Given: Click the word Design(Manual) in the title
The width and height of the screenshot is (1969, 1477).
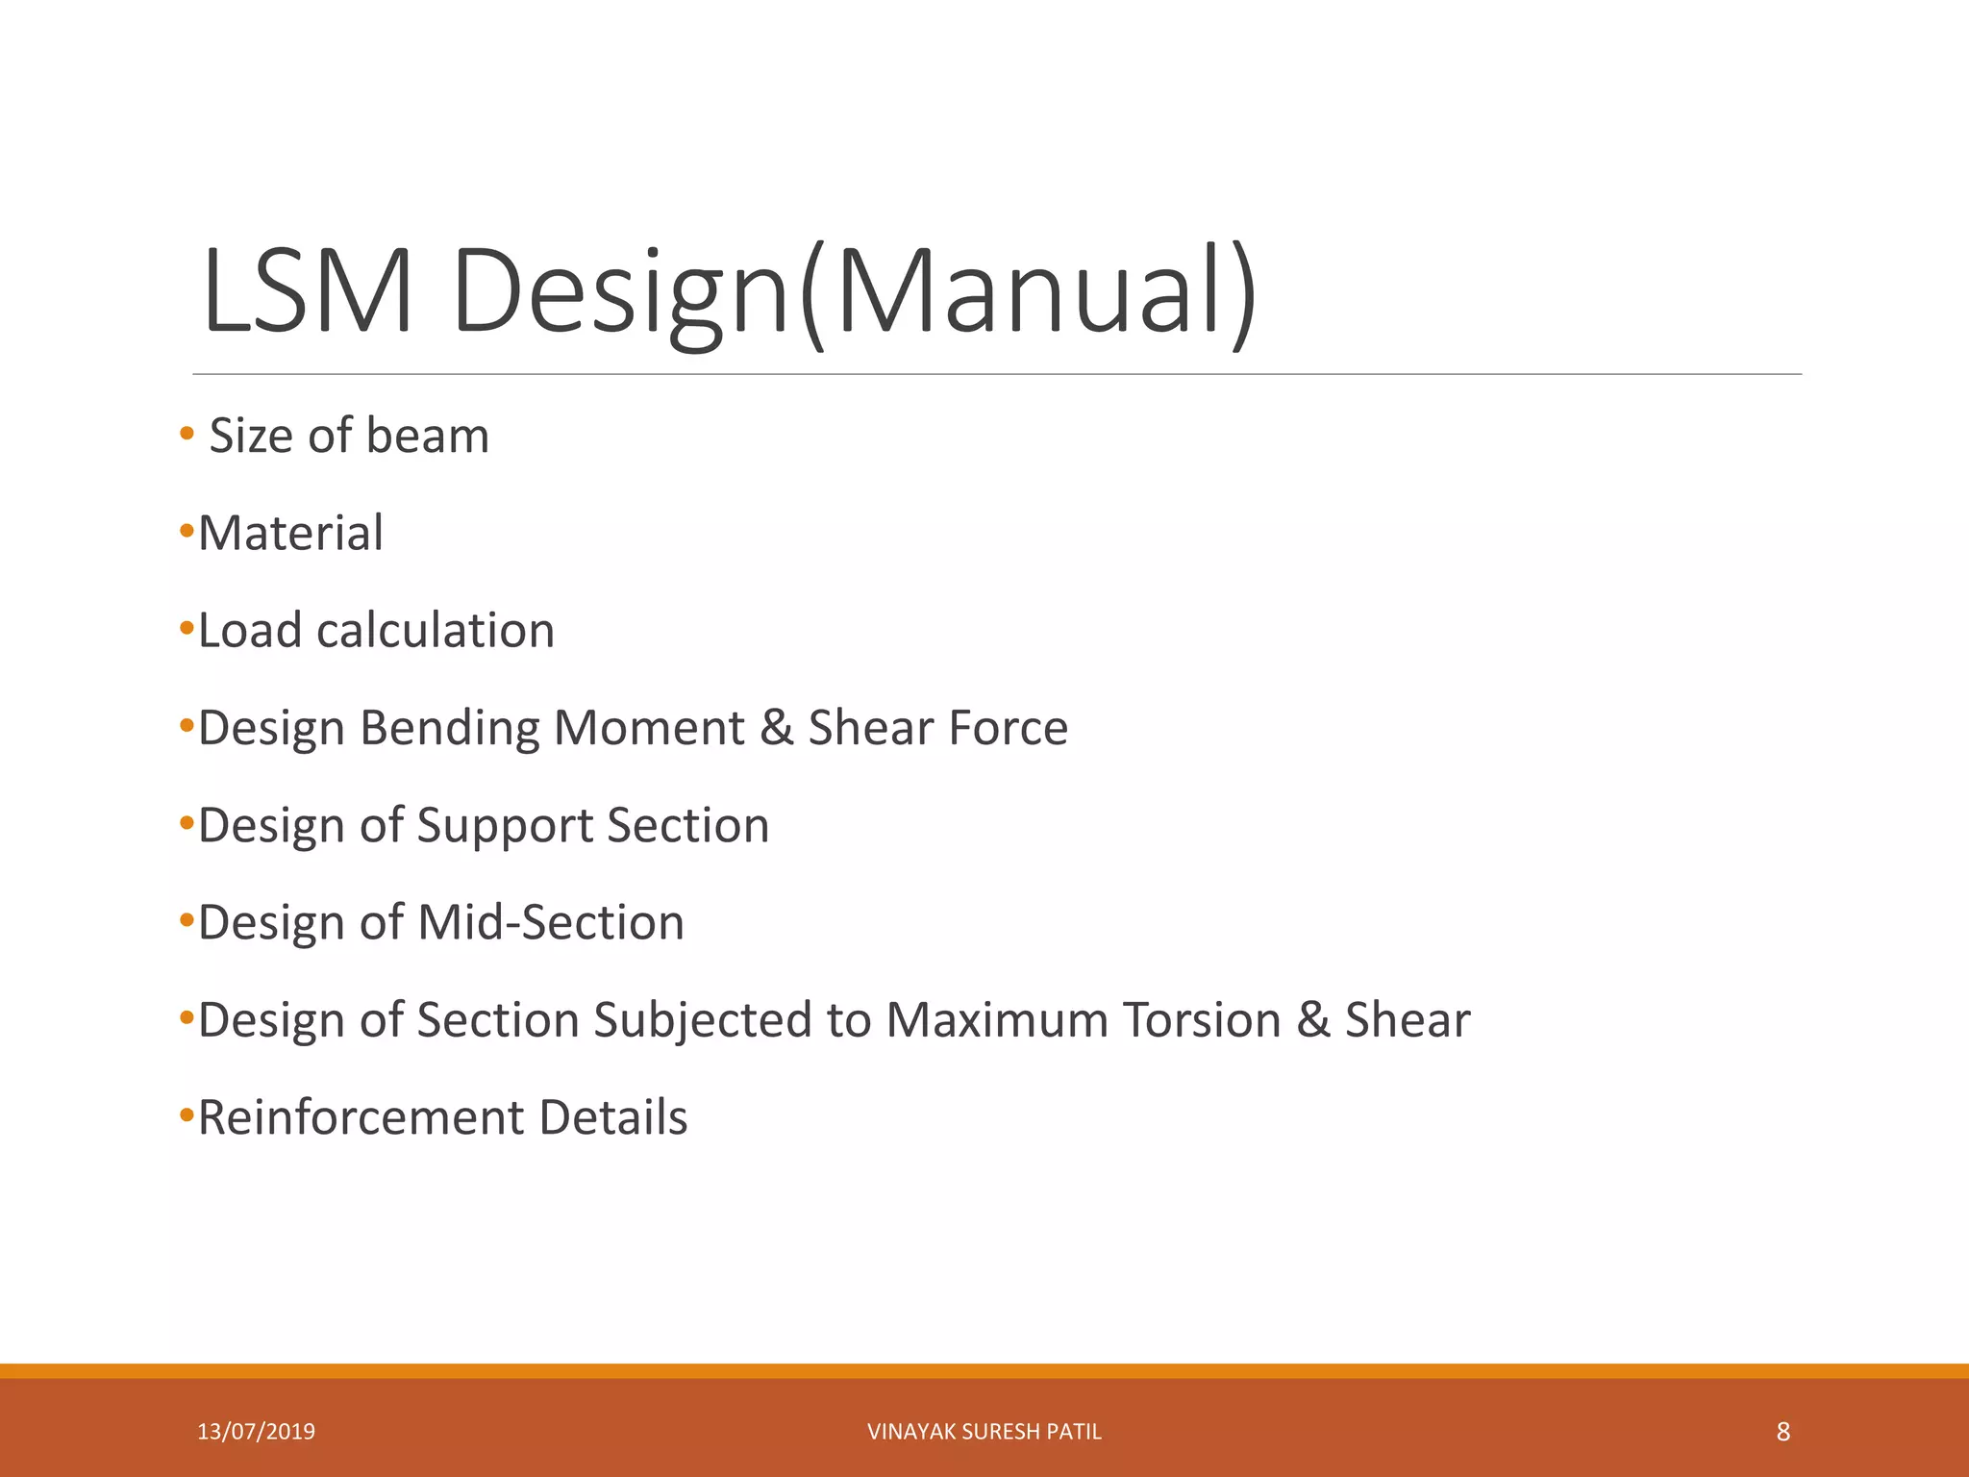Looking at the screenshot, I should [x=854, y=292].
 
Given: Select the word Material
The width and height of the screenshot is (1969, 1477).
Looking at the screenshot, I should [x=290, y=533].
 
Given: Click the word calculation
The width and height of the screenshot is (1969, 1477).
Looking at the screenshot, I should [x=436, y=631].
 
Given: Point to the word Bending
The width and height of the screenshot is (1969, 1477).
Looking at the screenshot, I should [x=449, y=729].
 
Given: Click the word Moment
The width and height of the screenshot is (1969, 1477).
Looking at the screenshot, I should [x=649, y=728].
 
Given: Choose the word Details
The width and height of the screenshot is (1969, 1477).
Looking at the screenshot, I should [x=613, y=1118].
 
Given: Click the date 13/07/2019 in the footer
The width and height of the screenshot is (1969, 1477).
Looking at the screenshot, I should [x=256, y=1432].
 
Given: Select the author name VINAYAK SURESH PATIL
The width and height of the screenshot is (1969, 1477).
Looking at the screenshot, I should [x=984, y=1432].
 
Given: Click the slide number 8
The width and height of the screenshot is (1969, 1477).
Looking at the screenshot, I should [x=1783, y=1432].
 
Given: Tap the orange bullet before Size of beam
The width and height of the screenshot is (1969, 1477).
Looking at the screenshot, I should [x=187, y=434].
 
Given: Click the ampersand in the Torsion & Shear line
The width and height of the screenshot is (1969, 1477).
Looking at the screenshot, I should [x=1312, y=1020].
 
